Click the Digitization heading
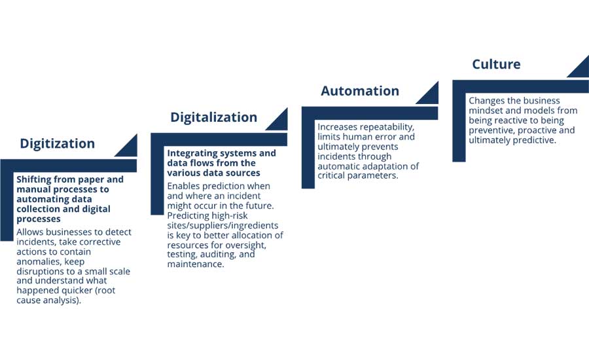tap(57, 143)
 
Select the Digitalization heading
tap(214, 117)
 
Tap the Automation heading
tap(360, 91)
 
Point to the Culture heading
tap(496, 64)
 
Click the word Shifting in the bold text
tap(33, 180)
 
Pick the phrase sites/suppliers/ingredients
tap(223, 226)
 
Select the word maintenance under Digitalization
tap(195, 264)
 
